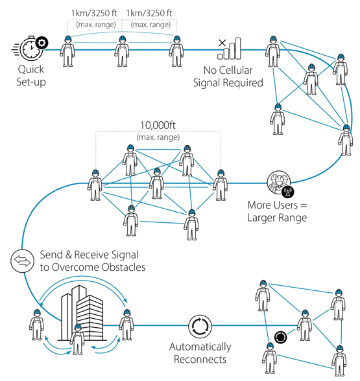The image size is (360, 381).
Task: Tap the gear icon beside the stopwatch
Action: click(x=42, y=43)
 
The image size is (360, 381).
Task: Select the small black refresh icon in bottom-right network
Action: click(x=280, y=337)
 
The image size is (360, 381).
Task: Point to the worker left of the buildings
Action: click(x=36, y=323)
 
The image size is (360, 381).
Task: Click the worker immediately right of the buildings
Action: click(x=126, y=323)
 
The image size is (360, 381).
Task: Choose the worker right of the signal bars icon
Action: click(x=272, y=52)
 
